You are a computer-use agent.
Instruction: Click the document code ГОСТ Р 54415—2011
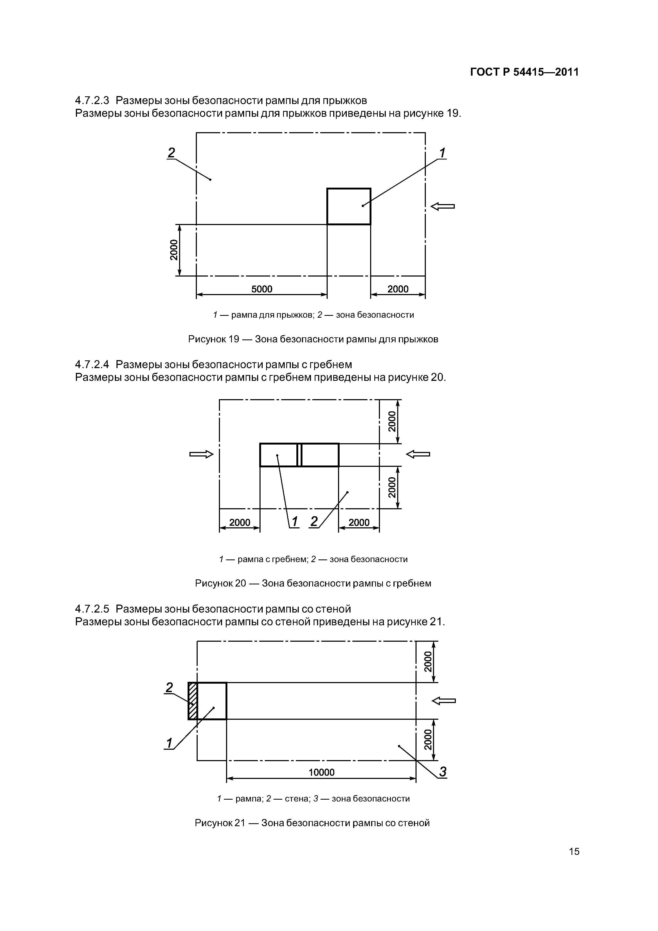pyautogui.click(x=524, y=72)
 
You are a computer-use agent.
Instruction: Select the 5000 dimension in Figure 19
pyautogui.click(x=262, y=289)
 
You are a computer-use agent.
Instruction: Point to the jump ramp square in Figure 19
pyautogui.click(x=348, y=206)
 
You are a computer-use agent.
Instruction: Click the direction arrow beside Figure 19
pyautogui.click(x=442, y=206)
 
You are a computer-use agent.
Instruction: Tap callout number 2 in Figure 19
pyautogui.click(x=171, y=153)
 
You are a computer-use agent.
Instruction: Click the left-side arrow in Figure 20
pyautogui.click(x=201, y=455)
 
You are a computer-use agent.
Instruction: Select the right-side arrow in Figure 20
pyautogui.click(x=418, y=455)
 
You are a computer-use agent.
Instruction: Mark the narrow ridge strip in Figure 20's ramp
pyautogui.click(x=299, y=455)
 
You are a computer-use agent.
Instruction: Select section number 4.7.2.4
pyautogui.click(x=92, y=364)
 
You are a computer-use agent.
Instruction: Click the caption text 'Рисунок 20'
pyautogui.click(x=220, y=584)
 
